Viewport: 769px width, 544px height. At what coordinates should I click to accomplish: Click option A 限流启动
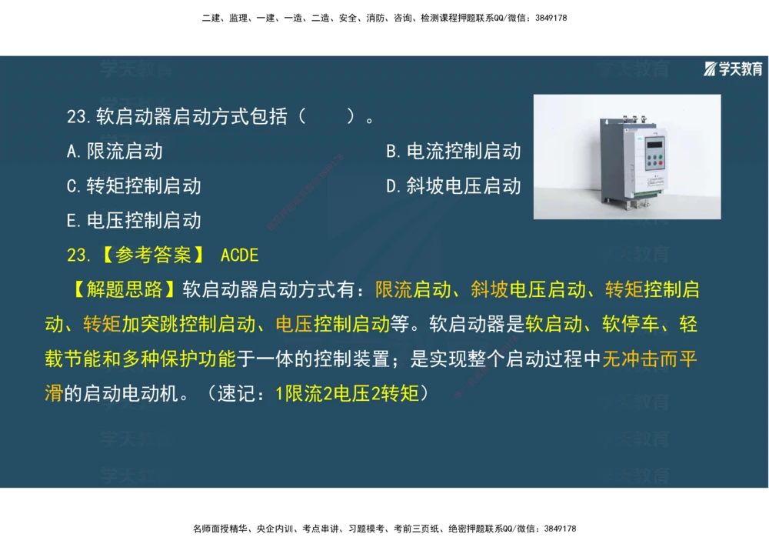coord(115,152)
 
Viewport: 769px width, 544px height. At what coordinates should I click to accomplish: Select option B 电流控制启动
coord(453,152)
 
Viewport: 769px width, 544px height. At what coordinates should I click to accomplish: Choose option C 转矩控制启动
coord(134,186)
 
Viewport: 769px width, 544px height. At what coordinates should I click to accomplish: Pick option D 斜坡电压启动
coord(453,186)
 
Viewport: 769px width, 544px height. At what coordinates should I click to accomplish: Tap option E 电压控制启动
coord(134,221)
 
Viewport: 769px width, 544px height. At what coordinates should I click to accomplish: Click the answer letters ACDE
coord(239,255)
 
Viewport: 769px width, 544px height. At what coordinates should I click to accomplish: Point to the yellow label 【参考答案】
coord(151,255)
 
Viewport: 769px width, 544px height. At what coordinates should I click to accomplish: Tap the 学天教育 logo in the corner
coord(734,69)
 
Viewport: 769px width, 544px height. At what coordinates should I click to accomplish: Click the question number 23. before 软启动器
coord(79,117)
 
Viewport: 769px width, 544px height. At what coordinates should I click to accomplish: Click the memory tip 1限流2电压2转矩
coord(347,394)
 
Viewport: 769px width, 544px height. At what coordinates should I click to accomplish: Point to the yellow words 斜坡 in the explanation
coord(490,290)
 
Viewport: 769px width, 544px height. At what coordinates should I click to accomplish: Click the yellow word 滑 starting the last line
coord(54,394)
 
